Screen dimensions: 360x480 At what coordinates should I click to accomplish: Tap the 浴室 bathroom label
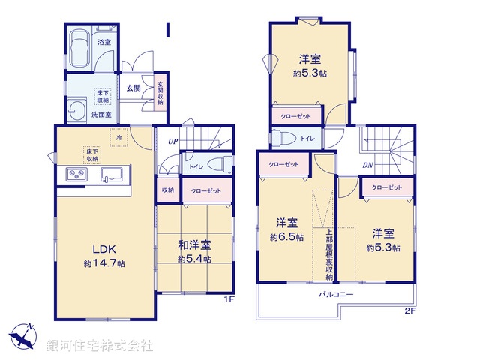point(104,43)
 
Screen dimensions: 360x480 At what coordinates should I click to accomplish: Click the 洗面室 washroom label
point(101,115)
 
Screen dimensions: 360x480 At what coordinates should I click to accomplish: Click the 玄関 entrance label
point(133,88)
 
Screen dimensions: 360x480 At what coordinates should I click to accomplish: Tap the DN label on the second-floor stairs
point(369,165)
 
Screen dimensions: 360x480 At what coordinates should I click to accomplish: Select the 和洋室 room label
point(194,245)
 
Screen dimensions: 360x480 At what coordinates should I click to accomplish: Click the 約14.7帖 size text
point(104,264)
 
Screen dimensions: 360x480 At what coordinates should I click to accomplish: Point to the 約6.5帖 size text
point(289,237)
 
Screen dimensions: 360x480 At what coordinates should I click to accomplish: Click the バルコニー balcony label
point(335,295)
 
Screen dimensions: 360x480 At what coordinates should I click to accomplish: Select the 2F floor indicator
point(410,310)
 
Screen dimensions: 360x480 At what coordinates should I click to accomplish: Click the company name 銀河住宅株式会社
point(99,345)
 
